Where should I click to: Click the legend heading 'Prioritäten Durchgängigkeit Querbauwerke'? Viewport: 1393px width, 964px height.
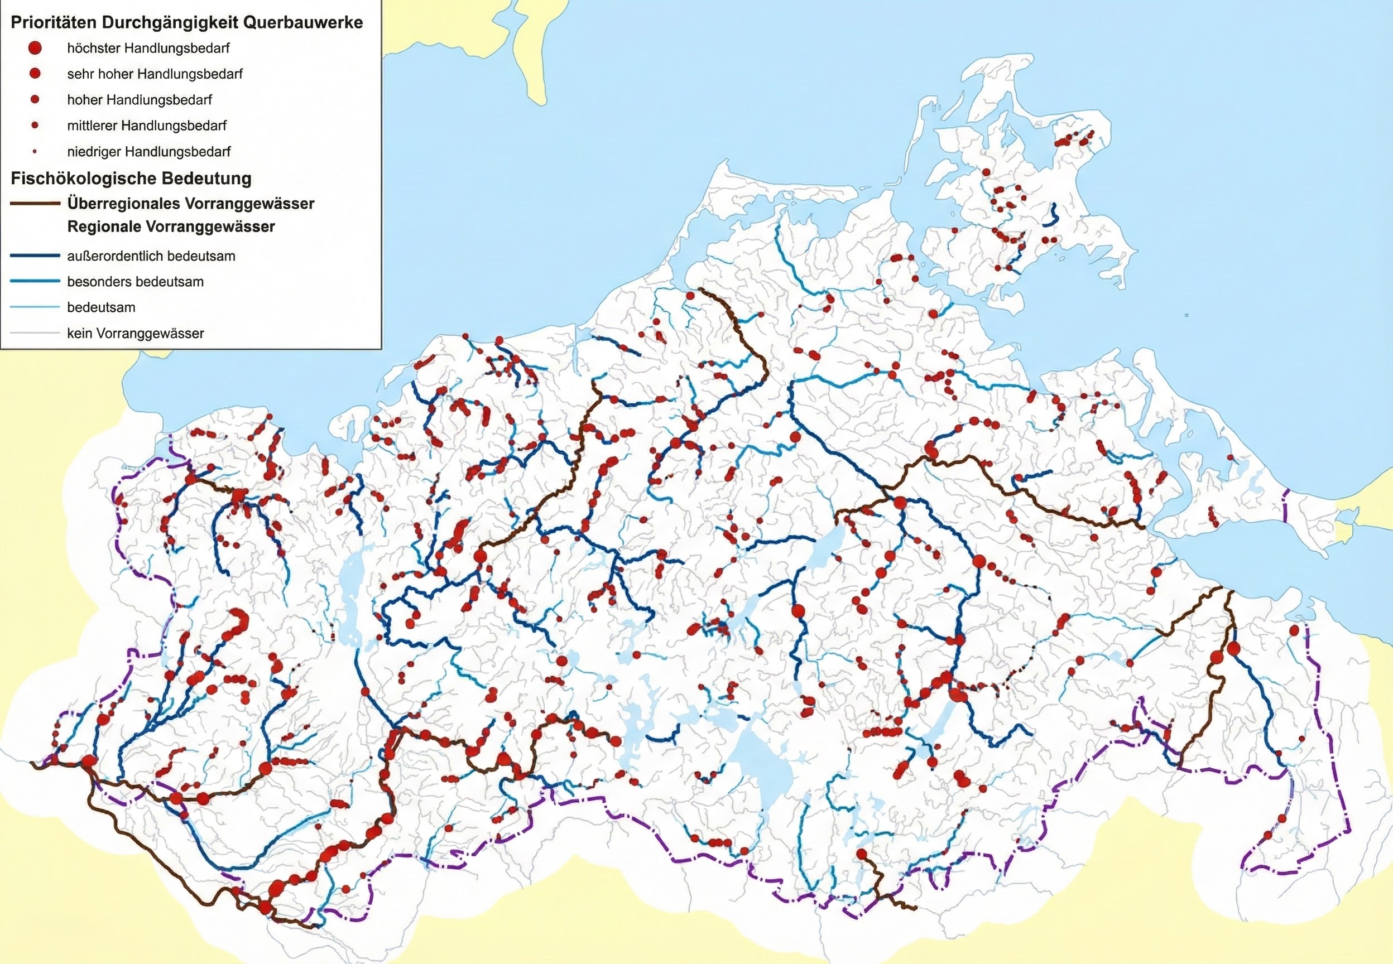(186, 23)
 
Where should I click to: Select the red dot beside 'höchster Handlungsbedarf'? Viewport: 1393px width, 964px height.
(35, 47)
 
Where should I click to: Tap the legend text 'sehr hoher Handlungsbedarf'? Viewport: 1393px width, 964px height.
(155, 74)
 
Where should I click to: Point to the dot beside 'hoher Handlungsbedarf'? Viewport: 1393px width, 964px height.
(35, 99)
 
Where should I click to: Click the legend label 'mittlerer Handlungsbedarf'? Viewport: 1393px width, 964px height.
(147, 126)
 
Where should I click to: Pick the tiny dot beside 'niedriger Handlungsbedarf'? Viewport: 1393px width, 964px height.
(35, 151)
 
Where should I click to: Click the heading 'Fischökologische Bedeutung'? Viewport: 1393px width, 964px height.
(131, 178)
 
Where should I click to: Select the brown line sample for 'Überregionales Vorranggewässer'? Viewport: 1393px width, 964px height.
(35, 204)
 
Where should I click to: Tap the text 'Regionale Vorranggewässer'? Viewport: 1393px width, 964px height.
(171, 226)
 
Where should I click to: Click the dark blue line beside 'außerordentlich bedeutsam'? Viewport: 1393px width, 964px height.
(35, 256)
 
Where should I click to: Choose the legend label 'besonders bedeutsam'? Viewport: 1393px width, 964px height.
(135, 282)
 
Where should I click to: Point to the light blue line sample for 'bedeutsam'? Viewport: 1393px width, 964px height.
(35, 307)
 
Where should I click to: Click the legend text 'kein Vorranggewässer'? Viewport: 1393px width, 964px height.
(135, 333)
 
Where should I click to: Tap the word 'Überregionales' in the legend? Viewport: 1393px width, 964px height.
(119, 204)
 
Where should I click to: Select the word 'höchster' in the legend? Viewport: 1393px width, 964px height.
(89, 48)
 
